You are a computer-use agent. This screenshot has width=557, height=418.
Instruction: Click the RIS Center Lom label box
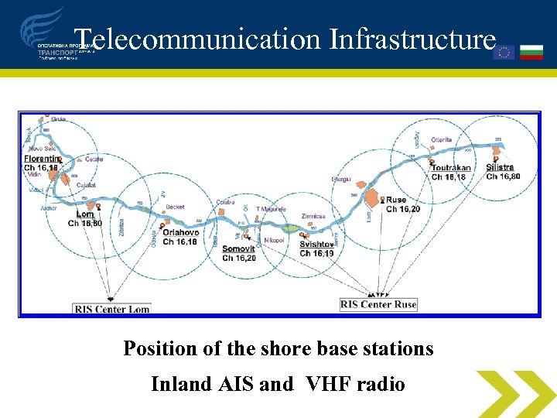pyautogui.click(x=112, y=310)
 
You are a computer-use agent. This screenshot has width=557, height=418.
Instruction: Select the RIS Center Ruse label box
pyautogui.click(x=378, y=304)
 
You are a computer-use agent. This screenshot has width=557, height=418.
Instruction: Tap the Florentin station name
pyautogui.click(x=43, y=159)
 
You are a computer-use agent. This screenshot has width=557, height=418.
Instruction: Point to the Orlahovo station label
pyautogui.click(x=180, y=232)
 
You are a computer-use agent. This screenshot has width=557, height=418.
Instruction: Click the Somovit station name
pyautogui.click(x=238, y=248)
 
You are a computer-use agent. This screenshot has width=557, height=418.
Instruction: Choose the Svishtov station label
pyautogui.click(x=317, y=245)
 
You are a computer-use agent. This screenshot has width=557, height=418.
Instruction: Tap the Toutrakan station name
pyautogui.click(x=450, y=168)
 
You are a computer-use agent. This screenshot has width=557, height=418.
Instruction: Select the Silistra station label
pyautogui.click(x=500, y=167)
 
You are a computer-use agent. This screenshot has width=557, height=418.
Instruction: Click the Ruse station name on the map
pyautogui.click(x=396, y=200)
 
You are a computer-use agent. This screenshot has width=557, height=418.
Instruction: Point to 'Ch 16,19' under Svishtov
pyautogui.click(x=317, y=253)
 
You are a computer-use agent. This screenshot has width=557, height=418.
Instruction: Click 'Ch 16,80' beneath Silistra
pyautogui.click(x=503, y=176)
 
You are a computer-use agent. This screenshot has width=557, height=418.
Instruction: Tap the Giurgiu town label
pyautogui.click(x=341, y=180)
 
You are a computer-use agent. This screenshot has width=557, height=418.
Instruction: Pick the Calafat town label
pyautogui.click(x=86, y=185)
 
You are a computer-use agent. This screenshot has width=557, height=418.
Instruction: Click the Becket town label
pyautogui.click(x=176, y=207)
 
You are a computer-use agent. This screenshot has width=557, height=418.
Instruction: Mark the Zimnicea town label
pyautogui.click(x=313, y=217)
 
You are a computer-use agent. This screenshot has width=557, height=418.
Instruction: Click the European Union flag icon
pyautogui.click(x=504, y=53)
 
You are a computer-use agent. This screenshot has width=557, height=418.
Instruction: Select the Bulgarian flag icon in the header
pyautogui.click(x=531, y=53)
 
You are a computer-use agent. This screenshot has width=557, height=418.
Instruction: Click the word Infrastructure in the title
pyautogui.click(x=412, y=39)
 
